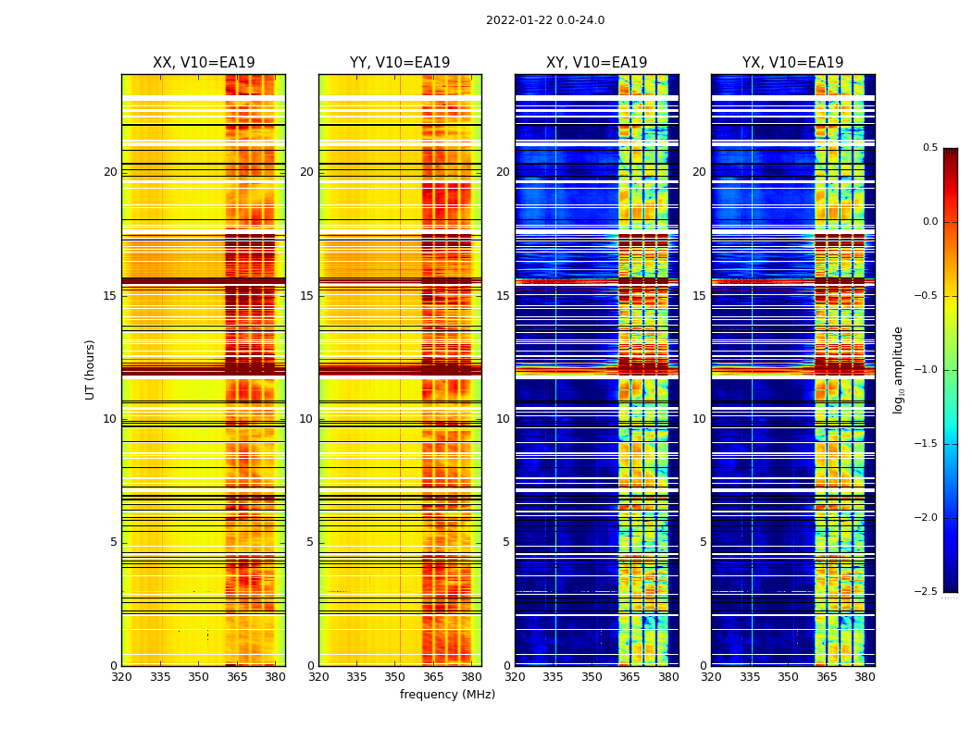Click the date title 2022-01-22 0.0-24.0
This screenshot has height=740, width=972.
(545, 20)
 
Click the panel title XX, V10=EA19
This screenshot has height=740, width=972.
(204, 63)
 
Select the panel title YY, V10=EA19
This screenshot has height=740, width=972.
(400, 63)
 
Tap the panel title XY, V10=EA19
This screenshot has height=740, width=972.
(597, 63)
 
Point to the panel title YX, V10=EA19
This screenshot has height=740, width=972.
(793, 63)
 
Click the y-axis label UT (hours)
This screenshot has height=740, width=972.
(91, 369)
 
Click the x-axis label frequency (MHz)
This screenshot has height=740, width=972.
(447, 695)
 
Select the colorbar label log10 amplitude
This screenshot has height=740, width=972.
(898, 369)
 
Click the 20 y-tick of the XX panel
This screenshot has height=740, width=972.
(110, 172)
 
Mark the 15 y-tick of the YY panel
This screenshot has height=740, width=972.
(306, 296)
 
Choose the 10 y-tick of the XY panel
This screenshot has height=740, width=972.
(503, 419)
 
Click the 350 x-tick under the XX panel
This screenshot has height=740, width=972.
(198, 676)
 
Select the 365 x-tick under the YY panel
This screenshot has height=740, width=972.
(433, 676)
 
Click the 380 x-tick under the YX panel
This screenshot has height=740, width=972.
(865, 676)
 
